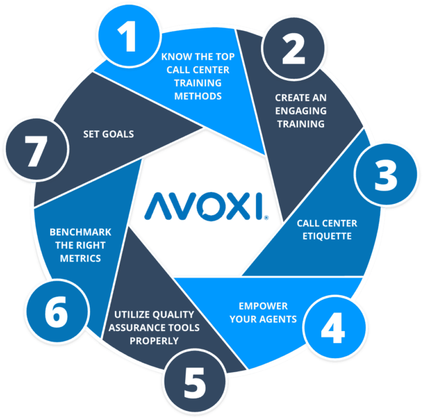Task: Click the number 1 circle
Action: tap(130, 36)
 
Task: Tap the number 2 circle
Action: tap(293, 48)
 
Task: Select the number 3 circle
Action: tap(386, 174)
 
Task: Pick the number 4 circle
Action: tap(334, 328)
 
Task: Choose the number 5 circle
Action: tap(195, 382)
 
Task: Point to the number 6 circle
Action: tap(58, 311)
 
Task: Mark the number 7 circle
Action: tap(37, 150)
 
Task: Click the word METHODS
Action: tap(198, 96)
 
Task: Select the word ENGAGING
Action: tap(301, 111)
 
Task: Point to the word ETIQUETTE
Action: tap(327, 236)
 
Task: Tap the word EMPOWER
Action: tap(263, 306)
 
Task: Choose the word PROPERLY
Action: tap(154, 341)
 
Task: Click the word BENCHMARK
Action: tap(81, 232)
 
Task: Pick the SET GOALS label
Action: tap(108, 134)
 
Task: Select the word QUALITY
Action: tap(174, 314)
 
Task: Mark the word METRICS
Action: tap(81, 259)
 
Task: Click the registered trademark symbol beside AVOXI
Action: tap(266, 218)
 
